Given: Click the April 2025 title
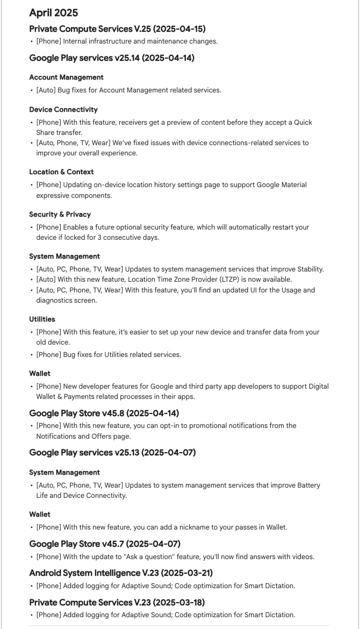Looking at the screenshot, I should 53,13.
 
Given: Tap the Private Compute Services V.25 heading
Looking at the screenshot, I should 117,28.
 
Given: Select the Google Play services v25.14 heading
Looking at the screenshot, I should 112,58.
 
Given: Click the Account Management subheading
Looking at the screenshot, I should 66,77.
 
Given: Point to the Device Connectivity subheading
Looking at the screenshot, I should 63,110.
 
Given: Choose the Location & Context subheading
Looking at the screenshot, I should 61,172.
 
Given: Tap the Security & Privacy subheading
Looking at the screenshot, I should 60,215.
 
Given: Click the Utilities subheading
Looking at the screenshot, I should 42,319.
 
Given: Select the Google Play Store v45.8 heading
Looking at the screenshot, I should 104,413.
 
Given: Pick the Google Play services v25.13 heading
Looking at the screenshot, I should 112,453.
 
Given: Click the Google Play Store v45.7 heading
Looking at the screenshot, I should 105,544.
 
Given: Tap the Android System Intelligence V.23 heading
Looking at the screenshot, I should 121,573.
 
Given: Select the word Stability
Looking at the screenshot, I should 308,269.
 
